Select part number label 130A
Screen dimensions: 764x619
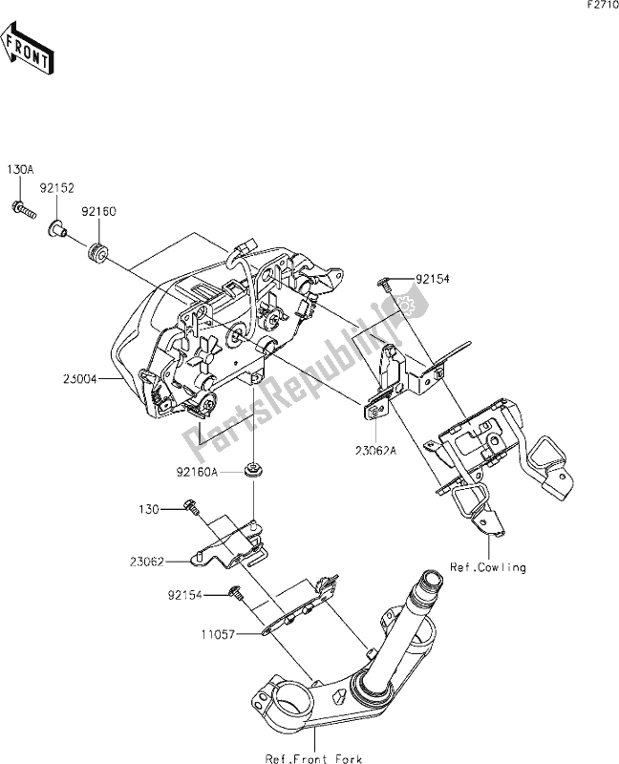[x=20, y=169]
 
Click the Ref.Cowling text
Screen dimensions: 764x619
[x=488, y=567]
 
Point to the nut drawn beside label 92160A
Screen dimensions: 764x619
[x=254, y=469]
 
